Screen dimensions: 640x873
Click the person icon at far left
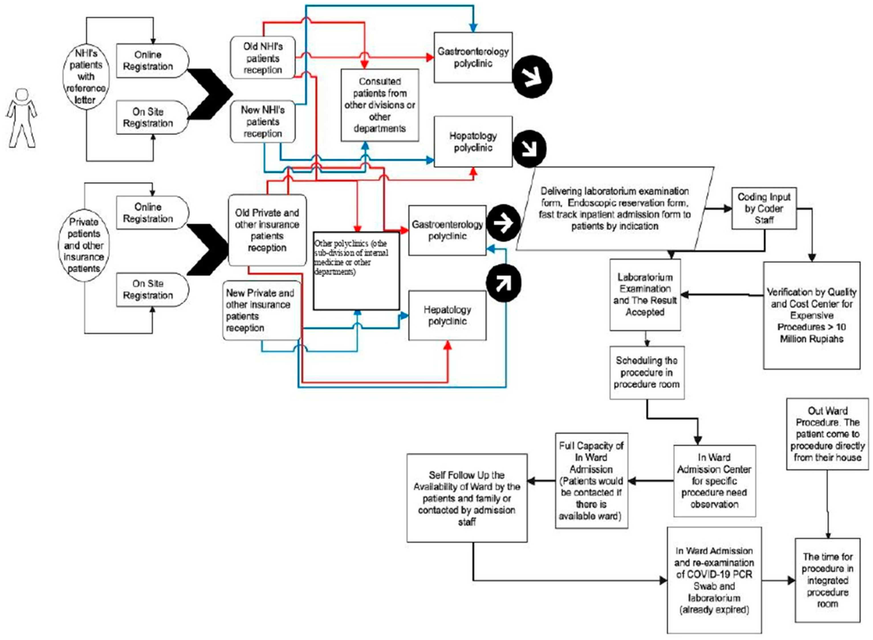coord(22,118)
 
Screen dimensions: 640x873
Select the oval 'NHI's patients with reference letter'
coord(86,76)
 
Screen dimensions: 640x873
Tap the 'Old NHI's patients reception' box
coord(263,58)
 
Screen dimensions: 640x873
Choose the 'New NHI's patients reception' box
coord(263,121)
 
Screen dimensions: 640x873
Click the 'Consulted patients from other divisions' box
coord(379,105)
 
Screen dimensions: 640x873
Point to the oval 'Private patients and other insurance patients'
coord(84,245)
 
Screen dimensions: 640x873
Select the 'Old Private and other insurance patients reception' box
coord(267,230)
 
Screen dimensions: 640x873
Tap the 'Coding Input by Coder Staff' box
coord(764,208)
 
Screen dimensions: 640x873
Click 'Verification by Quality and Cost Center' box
coord(811,315)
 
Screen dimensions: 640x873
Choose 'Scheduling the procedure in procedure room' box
coord(647,372)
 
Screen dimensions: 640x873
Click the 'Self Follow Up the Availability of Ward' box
coord(467,498)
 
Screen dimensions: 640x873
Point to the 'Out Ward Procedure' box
coord(827,434)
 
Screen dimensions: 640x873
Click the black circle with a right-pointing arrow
coord(503,223)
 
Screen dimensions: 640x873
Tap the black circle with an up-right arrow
coord(503,283)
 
